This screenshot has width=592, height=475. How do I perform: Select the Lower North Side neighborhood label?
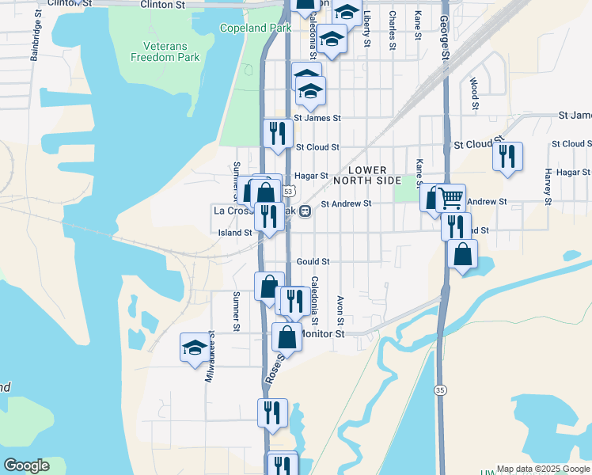click(x=367, y=176)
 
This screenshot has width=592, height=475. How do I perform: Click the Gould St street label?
click(x=313, y=261)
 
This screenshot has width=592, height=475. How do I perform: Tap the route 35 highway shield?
click(x=439, y=389)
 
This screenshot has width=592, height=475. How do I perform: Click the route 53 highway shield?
click(x=290, y=192)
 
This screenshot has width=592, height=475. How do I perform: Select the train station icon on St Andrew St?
click(x=305, y=211)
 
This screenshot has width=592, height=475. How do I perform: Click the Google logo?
click(x=26, y=465)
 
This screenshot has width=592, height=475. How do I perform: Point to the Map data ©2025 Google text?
click(x=542, y=469)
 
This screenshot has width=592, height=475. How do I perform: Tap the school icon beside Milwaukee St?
click(x=195, y=347)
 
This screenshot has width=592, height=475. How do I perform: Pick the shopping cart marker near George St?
click(x=450, y=197)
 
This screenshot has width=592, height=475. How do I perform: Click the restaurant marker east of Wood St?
click(x=507, y=155)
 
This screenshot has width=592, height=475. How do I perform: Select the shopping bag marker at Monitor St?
click(x=287, y=336)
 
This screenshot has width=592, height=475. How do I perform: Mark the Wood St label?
click(x=473, y=93)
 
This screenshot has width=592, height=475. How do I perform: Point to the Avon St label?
click(x=340, y=310)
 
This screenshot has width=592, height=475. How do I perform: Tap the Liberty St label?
click(x=366, y=28)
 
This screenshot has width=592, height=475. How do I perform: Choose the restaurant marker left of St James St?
click(x=277, y=132)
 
